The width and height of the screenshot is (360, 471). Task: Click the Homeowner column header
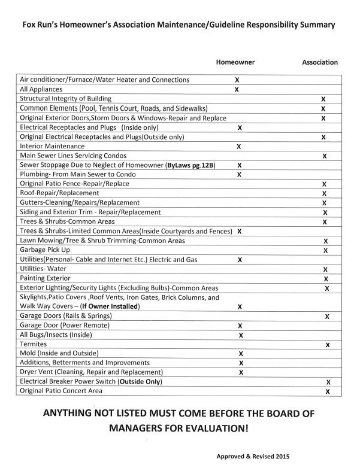[235, 62]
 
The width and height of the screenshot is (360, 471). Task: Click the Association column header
[319, 62]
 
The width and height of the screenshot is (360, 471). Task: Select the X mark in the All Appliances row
[237, 90]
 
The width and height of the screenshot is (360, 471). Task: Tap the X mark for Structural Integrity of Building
[323, 99]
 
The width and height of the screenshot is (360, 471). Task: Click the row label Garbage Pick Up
[45, 250]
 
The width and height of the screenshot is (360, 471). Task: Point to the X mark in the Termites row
[327, 345]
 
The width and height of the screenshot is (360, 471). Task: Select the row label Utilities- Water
[44, 269]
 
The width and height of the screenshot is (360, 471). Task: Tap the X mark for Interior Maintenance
[238, 147]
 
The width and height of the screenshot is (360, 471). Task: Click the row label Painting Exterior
[46, 279]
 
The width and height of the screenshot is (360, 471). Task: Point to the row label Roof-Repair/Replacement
[59, 193]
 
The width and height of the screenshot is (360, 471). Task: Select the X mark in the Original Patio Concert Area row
[328, 391]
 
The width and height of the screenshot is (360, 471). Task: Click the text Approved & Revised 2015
[253, 456]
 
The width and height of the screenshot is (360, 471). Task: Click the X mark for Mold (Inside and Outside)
[240, 354]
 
